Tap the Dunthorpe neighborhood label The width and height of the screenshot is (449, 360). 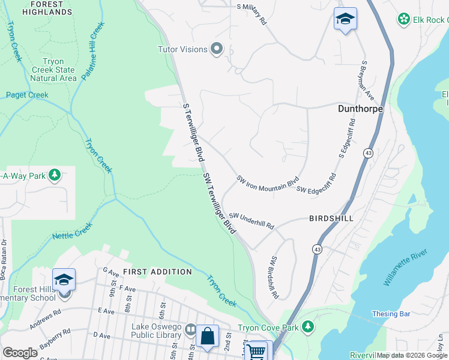(360, 109)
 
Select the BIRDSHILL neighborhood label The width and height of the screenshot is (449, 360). (331, 218)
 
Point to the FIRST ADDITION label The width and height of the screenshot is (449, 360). (157, 272)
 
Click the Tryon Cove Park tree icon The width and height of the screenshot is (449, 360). (308, 327)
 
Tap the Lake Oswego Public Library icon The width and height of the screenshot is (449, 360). (190, 329)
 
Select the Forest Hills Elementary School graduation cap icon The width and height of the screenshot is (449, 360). (64, 280)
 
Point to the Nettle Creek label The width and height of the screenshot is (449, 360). (72, 232)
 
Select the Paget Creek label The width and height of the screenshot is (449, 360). (27, 95)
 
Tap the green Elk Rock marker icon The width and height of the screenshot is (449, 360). (404, 19)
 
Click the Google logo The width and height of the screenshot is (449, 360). (20, 353)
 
